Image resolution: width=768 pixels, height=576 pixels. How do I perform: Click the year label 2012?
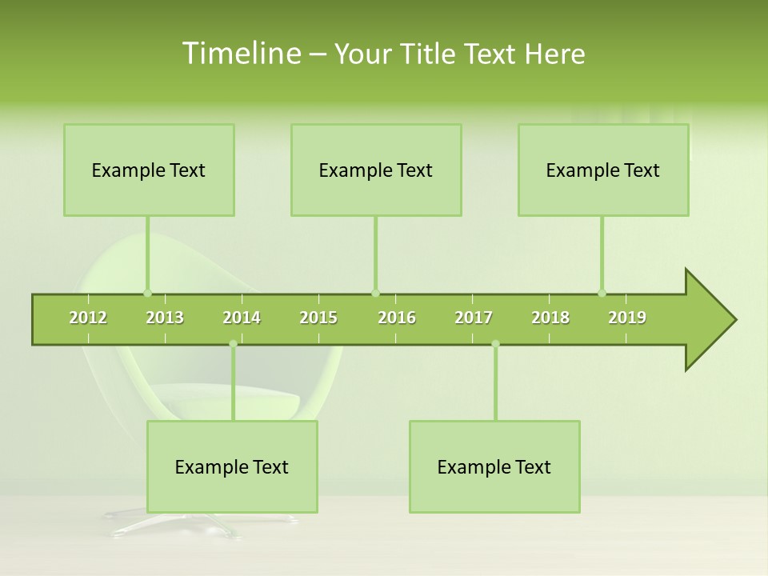point(88,318)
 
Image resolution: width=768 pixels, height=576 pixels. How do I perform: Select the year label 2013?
point(165,318)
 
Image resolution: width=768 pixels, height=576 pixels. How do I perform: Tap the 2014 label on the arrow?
point(242,318)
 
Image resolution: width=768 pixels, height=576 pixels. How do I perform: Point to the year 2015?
point(318,318)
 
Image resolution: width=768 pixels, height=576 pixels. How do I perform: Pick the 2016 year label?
point(397,318)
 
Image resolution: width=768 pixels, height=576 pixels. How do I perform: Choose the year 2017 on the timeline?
point(474,318)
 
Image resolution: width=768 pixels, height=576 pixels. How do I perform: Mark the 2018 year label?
point(550,318)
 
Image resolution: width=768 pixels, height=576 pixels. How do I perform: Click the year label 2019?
point(627,318)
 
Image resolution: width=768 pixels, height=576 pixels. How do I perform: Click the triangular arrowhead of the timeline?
point(709,320)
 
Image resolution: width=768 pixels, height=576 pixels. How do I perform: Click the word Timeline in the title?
point(241,54)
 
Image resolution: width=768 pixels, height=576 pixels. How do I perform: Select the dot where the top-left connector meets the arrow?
point(147,293)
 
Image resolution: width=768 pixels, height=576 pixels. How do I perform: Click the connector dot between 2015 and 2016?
point(375,293)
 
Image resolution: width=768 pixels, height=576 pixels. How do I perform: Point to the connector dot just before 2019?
point(602,293)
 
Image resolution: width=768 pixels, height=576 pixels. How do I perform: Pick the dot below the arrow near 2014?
point(233,344)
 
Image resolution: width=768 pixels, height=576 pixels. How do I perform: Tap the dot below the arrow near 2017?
point(495,344)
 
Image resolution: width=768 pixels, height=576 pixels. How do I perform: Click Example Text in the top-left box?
point(149,170)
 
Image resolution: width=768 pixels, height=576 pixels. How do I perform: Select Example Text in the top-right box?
point(603,170)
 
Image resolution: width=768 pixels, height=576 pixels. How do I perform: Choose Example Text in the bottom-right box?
point(494,467)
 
